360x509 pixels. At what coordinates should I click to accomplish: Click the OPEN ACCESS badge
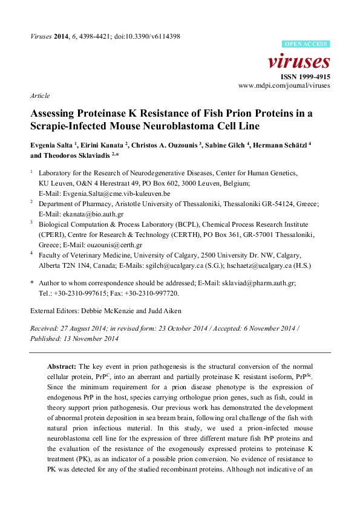307,44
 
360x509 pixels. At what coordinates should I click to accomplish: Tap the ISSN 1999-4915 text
306,77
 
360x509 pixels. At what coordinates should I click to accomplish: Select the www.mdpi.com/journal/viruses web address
284,86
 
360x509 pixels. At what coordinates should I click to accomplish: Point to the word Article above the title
39,96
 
